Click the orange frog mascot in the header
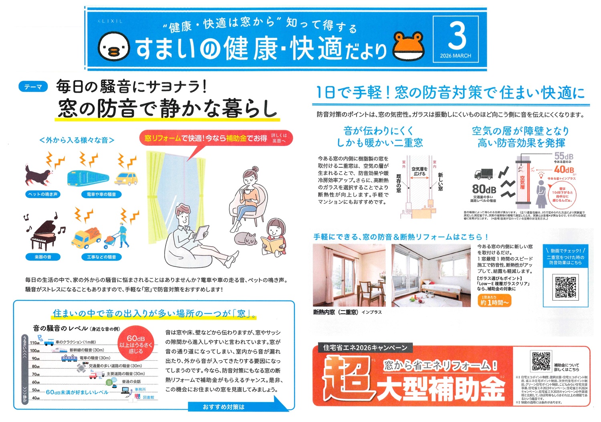pyautogui.click(x=409, y=46)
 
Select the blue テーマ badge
pyautogui.click(x=33, y=86)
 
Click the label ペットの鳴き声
pyautogui.click(x=42, y=194)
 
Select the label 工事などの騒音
pyautogui.click(x=101, y=257)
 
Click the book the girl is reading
pyautogui.click(x=273, y=245)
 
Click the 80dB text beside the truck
pyautogui.click(x=484, y=189)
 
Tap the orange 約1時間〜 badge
pyautogui.click(x=494, y=301)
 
